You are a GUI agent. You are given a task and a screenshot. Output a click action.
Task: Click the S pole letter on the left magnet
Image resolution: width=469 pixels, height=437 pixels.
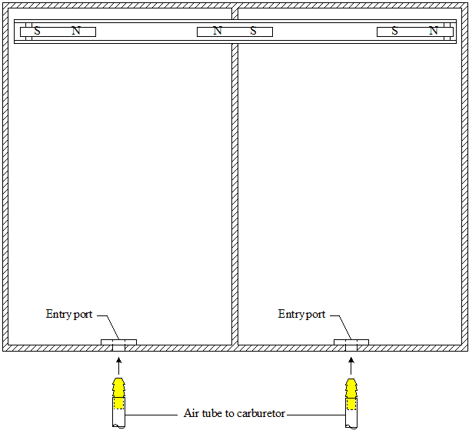(x=37, y=31)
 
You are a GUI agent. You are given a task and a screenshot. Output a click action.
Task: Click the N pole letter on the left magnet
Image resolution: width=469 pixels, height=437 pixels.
(x=76, y=31)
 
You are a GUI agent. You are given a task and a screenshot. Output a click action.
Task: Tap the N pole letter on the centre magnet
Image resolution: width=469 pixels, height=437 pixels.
(x=218, y=31)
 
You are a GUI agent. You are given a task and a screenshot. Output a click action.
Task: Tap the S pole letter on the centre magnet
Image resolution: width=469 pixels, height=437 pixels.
(x=254, y=31)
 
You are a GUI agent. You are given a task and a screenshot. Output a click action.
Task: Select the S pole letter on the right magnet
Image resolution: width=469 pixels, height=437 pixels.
(x=395, y=31)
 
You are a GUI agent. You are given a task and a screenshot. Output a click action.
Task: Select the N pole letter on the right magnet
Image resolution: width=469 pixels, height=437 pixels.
(x=434, y=31)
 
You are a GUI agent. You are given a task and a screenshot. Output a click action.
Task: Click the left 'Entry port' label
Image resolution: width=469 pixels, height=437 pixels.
(x=69, y=314)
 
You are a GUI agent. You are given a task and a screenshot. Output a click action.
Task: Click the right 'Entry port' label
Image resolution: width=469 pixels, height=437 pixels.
(x=301, y=314)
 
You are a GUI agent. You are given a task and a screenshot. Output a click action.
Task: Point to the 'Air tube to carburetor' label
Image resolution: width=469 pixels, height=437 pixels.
(x=234, y=413)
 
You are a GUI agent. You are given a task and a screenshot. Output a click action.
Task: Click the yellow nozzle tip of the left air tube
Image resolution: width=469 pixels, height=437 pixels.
(x=118, y=388)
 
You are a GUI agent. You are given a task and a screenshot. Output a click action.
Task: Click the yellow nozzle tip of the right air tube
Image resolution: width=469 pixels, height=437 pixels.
(x=351, y=389)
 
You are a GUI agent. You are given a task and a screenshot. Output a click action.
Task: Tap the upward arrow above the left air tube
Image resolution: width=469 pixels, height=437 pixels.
(x=118, y=365)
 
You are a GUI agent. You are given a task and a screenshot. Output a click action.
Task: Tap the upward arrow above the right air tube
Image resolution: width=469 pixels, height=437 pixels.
(x=351, y=365)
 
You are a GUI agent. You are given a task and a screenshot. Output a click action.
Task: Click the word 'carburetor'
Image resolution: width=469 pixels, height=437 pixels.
(x=261, y=413)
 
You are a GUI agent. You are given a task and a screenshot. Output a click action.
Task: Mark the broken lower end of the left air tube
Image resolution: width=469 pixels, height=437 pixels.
(x=118, y=426)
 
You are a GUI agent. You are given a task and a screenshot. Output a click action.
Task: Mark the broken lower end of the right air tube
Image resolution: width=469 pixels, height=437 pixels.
(x=351, y=426)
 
